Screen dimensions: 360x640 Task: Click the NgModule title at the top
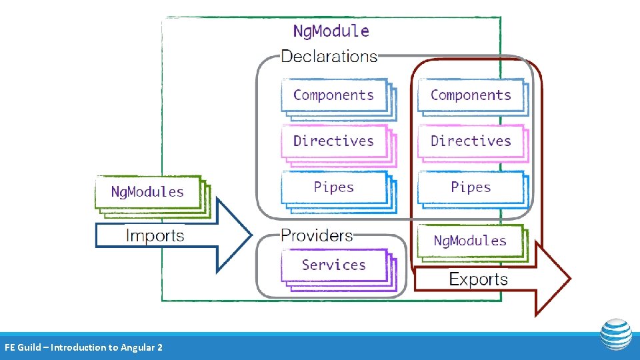point(331,31)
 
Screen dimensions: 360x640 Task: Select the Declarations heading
point(329,56)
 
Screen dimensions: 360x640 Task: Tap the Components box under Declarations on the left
point(333,95)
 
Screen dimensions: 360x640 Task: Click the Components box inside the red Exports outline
point(471,95)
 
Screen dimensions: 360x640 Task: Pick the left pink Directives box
point(333,141)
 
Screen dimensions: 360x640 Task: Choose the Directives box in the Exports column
point(471,141)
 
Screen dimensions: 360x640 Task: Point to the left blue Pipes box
point(333,187)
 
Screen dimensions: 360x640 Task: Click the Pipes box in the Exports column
point(471,187)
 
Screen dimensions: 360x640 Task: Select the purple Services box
point(333,265)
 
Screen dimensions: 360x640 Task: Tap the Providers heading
point(317,235)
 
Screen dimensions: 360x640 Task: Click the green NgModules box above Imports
point(147,192)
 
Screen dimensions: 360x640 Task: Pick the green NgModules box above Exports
point(470,241)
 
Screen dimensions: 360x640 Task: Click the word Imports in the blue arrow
point(155,235)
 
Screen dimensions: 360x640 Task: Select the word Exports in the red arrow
point(478,279)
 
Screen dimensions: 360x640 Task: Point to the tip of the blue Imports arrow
point(251,235)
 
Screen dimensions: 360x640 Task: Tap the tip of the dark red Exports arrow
point(569,279)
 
